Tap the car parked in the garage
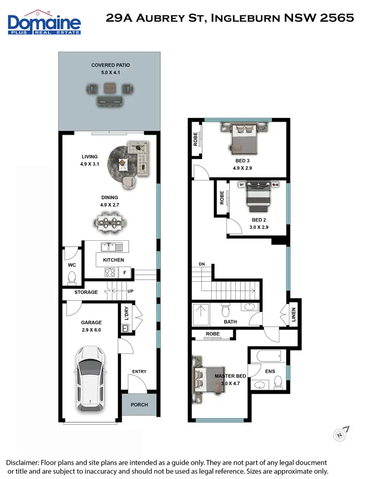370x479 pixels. (89, 378)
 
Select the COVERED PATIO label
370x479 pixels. (110, 65)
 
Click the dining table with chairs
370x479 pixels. (109, 221)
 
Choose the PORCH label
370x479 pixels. (139, 405)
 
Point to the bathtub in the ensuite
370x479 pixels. (267, 355)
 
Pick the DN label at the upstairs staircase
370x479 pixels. (202, 264)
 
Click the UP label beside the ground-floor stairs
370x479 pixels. (131, 292)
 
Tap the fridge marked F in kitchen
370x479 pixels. (125, 272)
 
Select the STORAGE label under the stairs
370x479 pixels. (86, 292)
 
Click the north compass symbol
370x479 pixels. (340, 434)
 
